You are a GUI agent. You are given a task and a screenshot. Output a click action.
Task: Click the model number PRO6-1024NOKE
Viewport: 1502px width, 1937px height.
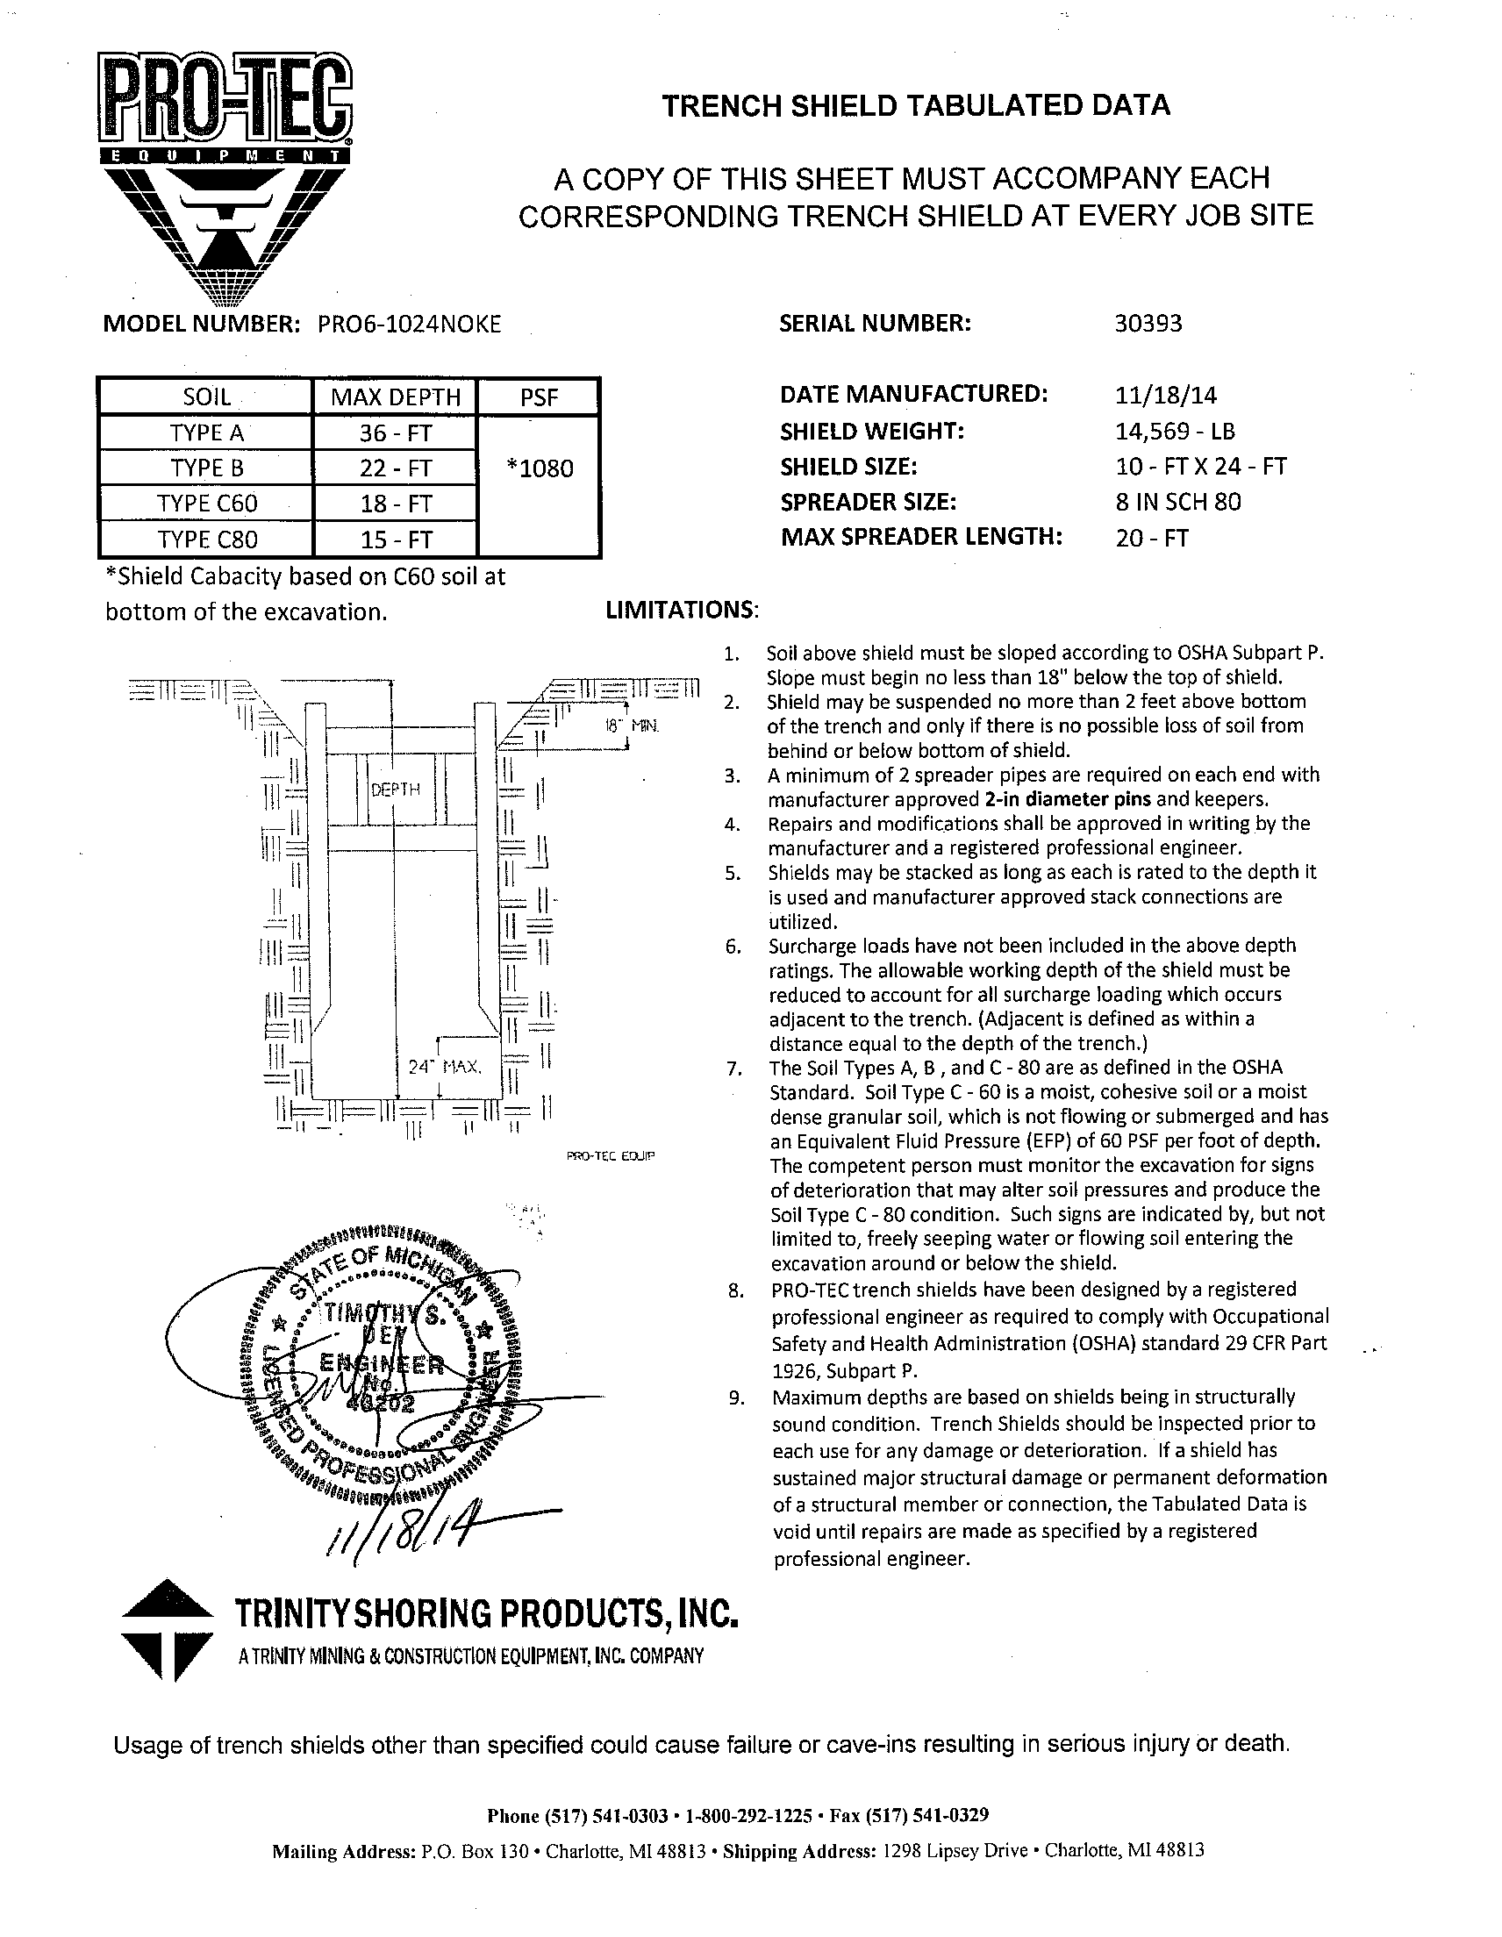click(x=409, y=325)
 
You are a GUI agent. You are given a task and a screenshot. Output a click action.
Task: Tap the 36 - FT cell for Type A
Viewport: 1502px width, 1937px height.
click(x=395, y=432)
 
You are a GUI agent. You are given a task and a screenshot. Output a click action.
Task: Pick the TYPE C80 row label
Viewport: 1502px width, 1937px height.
click(x=207, y=540)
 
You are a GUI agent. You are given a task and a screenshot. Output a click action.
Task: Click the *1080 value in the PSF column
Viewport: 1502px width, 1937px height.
click(x=540, y=468)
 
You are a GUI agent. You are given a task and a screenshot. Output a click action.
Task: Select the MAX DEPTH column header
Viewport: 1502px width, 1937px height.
click(x=395, y=397)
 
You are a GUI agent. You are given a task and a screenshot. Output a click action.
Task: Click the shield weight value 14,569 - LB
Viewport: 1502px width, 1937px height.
click(x=1175, y=432)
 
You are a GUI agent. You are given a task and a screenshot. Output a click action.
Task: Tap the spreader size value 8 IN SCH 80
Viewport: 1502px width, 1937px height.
click(x=1178, y=502)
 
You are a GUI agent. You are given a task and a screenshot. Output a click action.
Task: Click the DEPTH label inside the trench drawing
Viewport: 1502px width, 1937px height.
click(x=395, y=790)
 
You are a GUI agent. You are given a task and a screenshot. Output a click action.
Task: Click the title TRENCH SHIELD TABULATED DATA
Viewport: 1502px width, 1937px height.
click(x=916, y=106)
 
